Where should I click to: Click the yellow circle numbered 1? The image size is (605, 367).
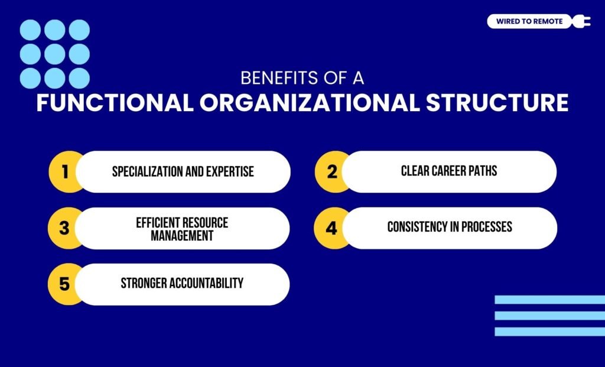click(x=64, y=171)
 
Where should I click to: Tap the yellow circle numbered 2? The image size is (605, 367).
click(x=331, y=171)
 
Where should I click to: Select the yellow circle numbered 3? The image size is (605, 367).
click(x=64, y=228)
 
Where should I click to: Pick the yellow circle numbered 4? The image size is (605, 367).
click(x=331, y=228)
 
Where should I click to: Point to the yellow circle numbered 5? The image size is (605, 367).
click(x=64, y=284)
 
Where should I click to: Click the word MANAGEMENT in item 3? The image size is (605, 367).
click(x=182, y=236)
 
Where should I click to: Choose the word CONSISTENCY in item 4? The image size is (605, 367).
click(x=418, y=227)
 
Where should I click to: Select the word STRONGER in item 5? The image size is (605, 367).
click(x=144, y=283)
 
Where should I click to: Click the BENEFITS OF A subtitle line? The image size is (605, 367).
click(x=302, y=79)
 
